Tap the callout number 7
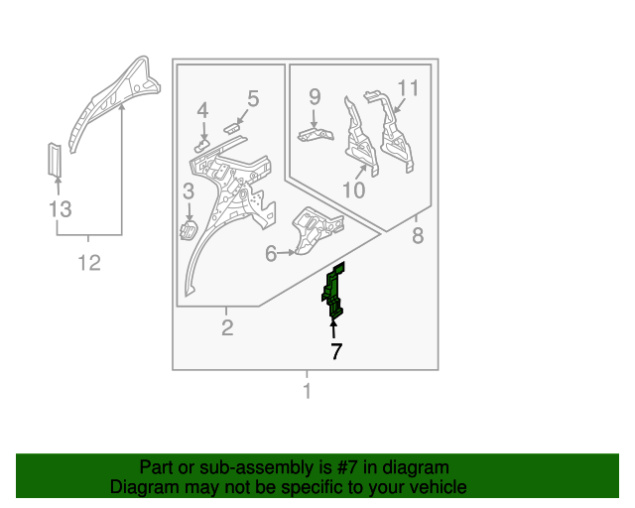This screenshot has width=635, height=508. tap(336, 351)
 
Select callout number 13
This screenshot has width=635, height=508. tap(60, 209)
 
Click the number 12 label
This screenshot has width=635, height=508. tap(89, 263)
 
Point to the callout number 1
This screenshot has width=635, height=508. tap(307, 391)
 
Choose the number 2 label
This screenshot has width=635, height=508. tap(227, 327)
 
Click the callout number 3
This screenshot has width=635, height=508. tap(189, 191)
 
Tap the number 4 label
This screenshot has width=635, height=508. tap(202, 110)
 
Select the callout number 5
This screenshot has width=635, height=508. tap(253, 98)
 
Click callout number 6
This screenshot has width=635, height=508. tap(271, 254)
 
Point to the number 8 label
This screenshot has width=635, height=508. tap(418, 235)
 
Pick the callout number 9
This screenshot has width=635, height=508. tap(315, 97)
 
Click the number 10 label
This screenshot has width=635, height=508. tap(354, 190)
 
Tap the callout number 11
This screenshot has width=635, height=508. tap(408, 88)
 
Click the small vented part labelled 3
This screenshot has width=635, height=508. tap(189, 230)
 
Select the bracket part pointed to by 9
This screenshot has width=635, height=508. tap(316, 134)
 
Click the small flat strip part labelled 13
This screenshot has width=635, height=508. tap(55, 160)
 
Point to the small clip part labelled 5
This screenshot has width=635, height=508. tap(231, 128)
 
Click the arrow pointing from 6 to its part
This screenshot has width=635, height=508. tap(287, 252)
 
